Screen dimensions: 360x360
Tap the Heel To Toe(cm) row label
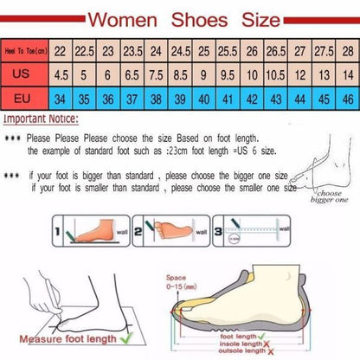[x=23, y=52]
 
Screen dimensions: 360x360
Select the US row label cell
[x=23, y=74]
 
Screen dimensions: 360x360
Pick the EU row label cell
[x=23, y=99]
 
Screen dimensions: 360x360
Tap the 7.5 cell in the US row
[x=157, y=75]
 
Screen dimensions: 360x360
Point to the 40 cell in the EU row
[x=203, y=99]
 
